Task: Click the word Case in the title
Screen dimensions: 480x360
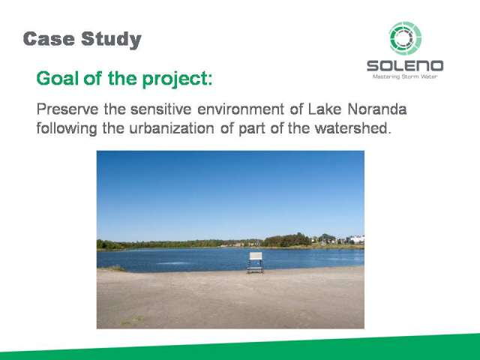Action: pyautogui.click(x=49, y=39)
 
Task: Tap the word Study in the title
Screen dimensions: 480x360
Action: pyautogui.click(x=112, y=40)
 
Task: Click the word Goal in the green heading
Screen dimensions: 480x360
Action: pyautogui.click(x=56, y=78)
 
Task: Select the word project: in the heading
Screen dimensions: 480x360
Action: pyautogui.click(x=177, y=79)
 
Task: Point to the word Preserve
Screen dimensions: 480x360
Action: pyautogui.click(x=67, y=109)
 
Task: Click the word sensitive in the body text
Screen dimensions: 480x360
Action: pyautogui.click(x=161, y=109)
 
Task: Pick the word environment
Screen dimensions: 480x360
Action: pyautogui.click(x=241, y=109)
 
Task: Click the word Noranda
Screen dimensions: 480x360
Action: pyautogui.click(x=377, y=109)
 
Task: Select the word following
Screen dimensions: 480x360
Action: pyautogui.click(x=67, y=128)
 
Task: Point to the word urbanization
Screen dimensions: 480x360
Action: pyautogui.click(x=172, y=128)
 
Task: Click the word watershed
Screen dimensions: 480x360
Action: pyautogui.click(x=353, y=128)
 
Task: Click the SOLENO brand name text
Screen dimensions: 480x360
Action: pyautogui.click(x=405, y=66)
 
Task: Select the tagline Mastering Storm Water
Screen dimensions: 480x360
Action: pyautogui.click(x=405, y=76)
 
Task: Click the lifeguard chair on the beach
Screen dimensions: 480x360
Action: pyautogui.click(x=255, y=262)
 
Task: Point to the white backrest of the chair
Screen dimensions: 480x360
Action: pyautogui.click(x=256, y=256)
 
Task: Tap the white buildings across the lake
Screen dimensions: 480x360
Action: pyautogui.click(x=355, y=239)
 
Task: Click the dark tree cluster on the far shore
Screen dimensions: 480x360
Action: pyautogui.click(x=287, y=240)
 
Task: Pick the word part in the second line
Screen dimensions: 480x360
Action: pyautogui.click(x=252, y=129)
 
